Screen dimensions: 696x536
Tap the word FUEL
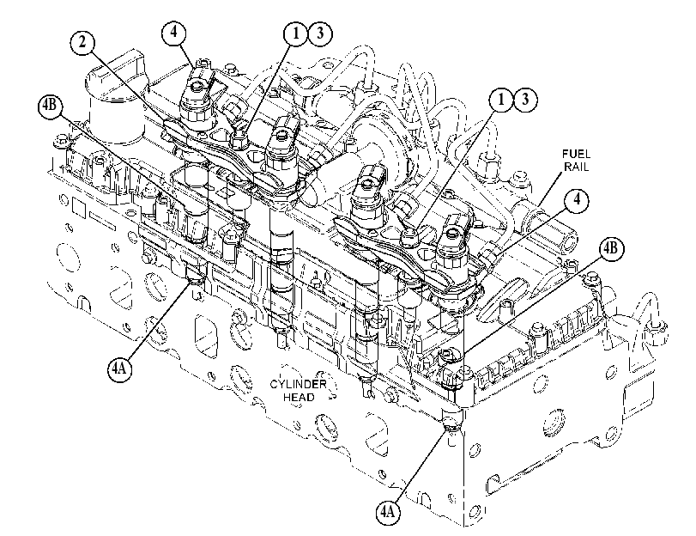576,155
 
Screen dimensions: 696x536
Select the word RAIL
576,167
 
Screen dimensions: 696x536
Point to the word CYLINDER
299,384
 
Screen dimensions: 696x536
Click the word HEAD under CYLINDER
299,397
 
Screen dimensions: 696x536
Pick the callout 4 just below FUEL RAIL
577,199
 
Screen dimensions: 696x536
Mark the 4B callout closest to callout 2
51,108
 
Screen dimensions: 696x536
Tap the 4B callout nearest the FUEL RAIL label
612,249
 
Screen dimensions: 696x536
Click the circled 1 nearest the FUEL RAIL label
501,100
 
